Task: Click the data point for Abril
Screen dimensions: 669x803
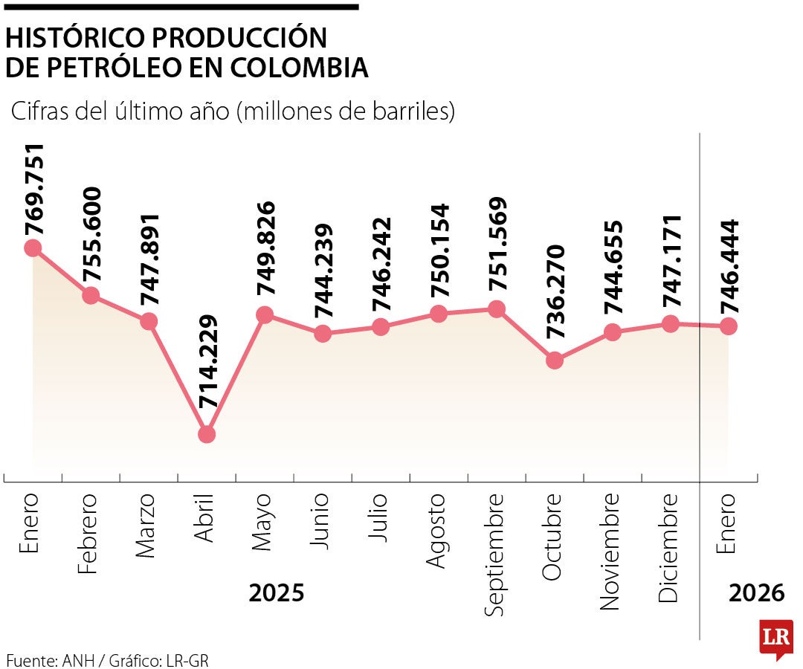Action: tap(207, 434)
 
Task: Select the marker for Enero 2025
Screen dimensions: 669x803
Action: tap(33, 248)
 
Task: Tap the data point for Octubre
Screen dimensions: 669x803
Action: tap(555, 361)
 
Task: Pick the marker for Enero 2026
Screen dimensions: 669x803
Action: tap(729, 326)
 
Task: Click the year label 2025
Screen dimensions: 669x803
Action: tap(277, 593)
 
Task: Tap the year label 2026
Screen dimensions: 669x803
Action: tap(756, 593)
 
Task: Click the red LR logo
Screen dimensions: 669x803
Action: tap(776, 638)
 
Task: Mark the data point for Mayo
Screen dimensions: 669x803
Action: tap(265, 315)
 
